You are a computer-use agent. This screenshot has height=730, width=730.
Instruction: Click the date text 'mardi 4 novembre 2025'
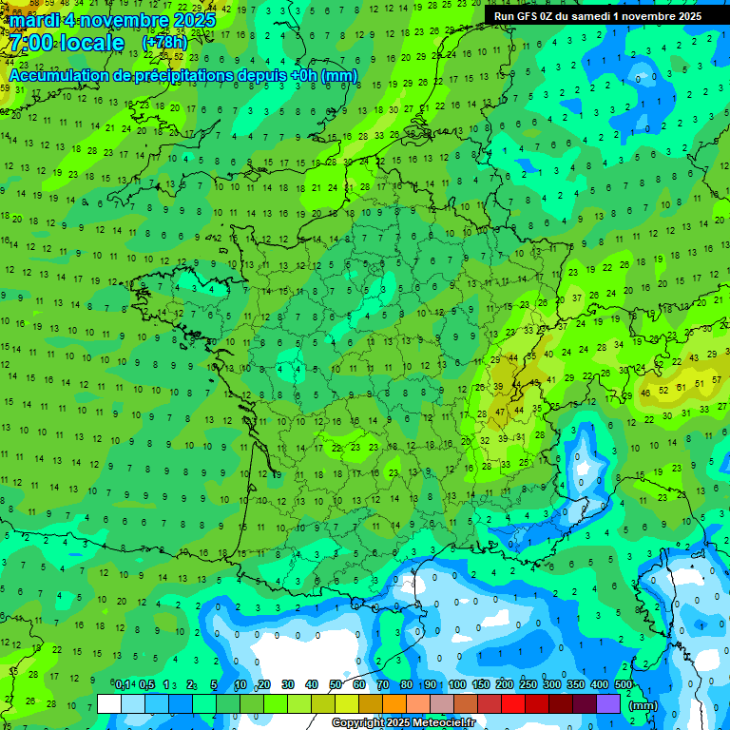tap(113, 20)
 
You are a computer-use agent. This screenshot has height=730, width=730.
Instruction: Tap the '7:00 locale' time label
tap(65, 44)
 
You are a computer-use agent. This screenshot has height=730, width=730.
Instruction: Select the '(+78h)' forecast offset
tap(164, 44)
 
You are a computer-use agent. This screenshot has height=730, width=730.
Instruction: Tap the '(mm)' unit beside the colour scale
tap(644, 705)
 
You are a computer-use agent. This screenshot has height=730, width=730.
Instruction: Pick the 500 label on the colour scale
tap(623, 685)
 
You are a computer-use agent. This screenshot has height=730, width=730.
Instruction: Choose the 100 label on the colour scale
tap(456, 685)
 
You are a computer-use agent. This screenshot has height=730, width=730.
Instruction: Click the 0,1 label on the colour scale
tap(123, 685)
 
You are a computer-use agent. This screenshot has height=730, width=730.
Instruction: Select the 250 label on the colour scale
tap(528, 685)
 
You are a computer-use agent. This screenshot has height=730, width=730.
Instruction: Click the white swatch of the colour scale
tap(108, 704)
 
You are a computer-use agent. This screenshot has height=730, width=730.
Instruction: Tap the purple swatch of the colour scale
tap(608, 704)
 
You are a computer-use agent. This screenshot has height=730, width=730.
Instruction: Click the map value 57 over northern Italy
tap(702, 382)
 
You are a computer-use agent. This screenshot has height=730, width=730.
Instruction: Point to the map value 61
tap(681, 388)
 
